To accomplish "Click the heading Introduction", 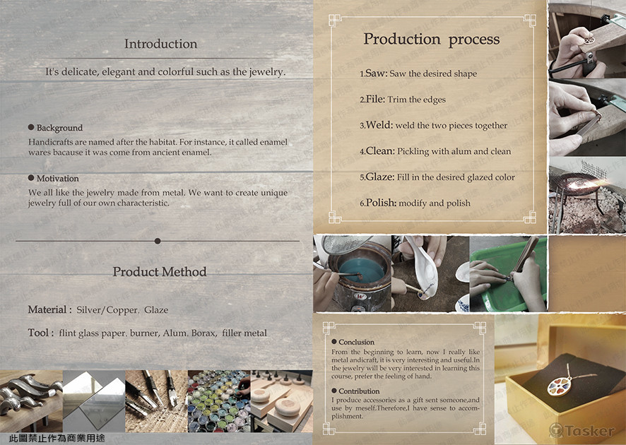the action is click(x=160, y=44).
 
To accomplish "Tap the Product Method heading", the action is click(x=159, y=272).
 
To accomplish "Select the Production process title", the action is click(x=432, y=39).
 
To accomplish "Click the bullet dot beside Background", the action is click(x=31, y=127).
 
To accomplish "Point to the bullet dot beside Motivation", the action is click(x=31, y=177).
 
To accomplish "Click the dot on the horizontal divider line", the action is click(x=158, y=241).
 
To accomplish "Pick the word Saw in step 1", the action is click(x=375, y=73).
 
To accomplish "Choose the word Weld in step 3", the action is click(x=379, y=125).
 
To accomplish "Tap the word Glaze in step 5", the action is click(x=379, y=177).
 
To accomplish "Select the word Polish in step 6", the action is click(x=380, y=203).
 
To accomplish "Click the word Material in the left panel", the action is click(x=47, y=309).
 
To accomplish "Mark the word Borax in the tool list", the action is click(x=203, y=333).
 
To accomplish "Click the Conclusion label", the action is click(x=357, y=342).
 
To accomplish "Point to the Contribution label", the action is click(x=359, y=391).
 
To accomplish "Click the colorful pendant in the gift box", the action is click(x=560, y=384).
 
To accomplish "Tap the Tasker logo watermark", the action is click(x=582, y=430).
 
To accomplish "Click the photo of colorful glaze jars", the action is click(x=219, y=401).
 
